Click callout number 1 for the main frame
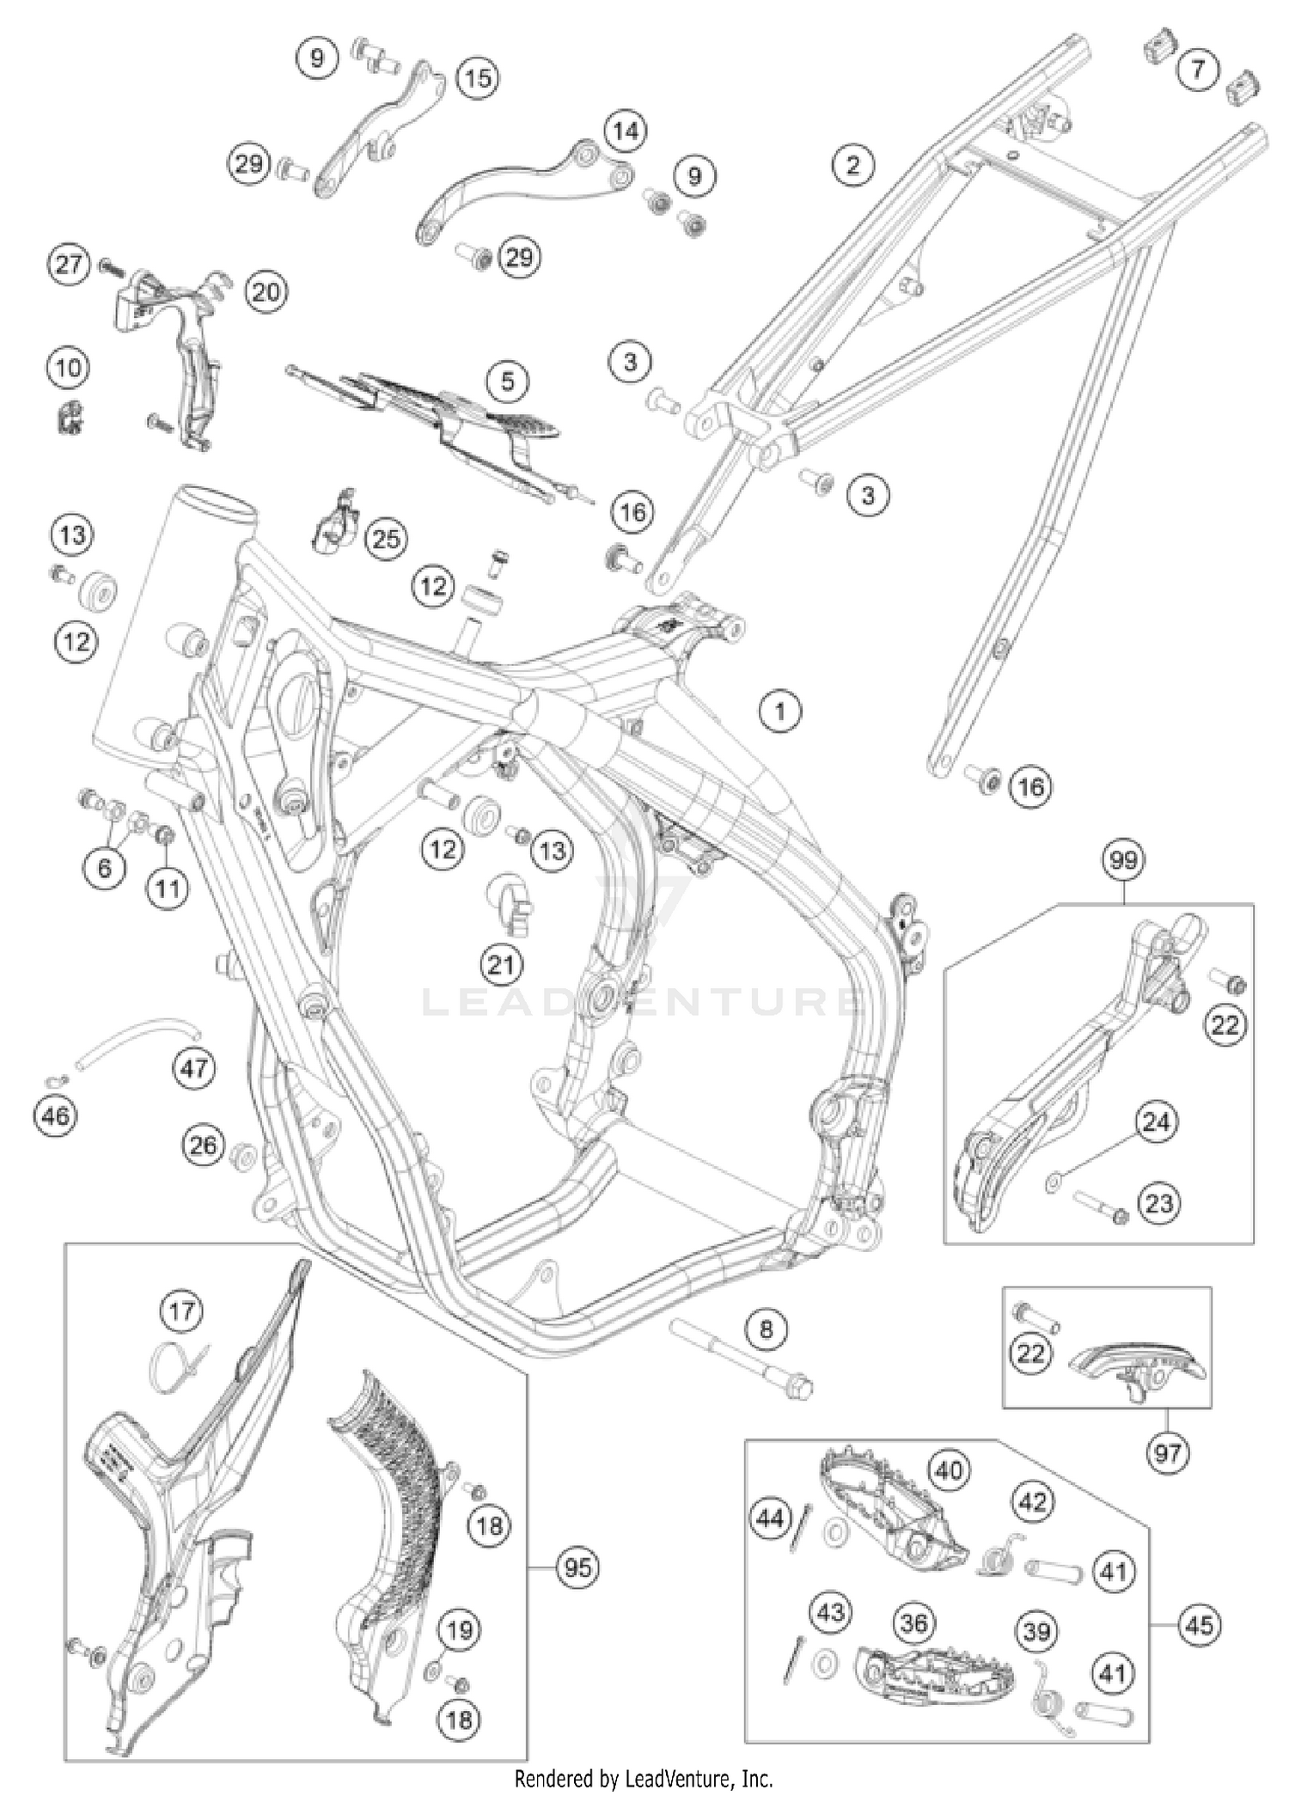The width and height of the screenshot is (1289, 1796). [x=779, y=712]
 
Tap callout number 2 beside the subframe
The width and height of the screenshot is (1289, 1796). [x=852, y=163]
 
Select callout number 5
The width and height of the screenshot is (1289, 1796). [x=507, y=381]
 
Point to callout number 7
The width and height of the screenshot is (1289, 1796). [x=1199, y=69]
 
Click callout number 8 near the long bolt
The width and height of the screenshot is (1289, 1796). [x=766, y=1329]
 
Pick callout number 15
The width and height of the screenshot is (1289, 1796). [x=477, y=78]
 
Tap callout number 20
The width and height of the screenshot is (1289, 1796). [x=266, y=292]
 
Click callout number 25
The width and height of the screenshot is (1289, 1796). [x=386, y=539]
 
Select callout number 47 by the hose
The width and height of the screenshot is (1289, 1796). [x=193, y=1068]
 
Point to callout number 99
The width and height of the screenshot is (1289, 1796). [x=1122, y=860]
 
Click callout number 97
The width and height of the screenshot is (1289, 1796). [x=1167, y=1453]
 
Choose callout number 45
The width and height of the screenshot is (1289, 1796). [x=1199, y=1625]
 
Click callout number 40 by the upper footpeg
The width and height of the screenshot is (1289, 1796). [x=949, y=1470]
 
